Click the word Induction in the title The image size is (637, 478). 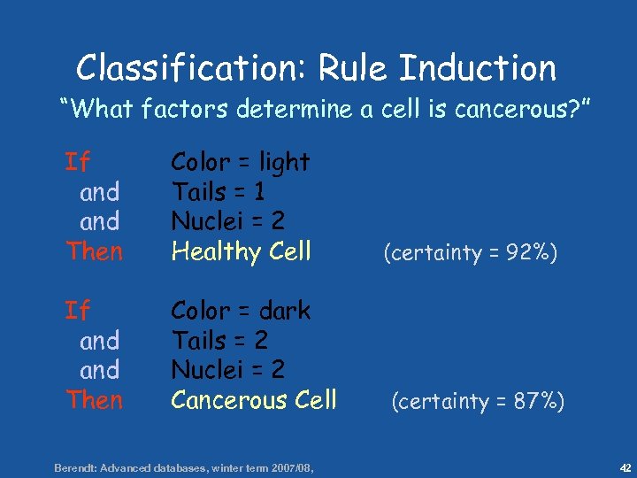478,68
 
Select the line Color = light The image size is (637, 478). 240,162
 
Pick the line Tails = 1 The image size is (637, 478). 219,191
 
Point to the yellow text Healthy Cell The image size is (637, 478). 241,251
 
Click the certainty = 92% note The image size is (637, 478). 470,253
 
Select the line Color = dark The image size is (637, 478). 240,311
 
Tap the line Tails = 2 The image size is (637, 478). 219,340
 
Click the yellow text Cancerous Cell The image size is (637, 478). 254,400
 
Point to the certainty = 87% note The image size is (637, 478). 479,402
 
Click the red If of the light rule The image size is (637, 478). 78,162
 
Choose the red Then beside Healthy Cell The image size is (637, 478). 94,251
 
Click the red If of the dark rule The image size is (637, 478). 78,311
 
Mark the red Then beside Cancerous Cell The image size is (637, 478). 94,400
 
